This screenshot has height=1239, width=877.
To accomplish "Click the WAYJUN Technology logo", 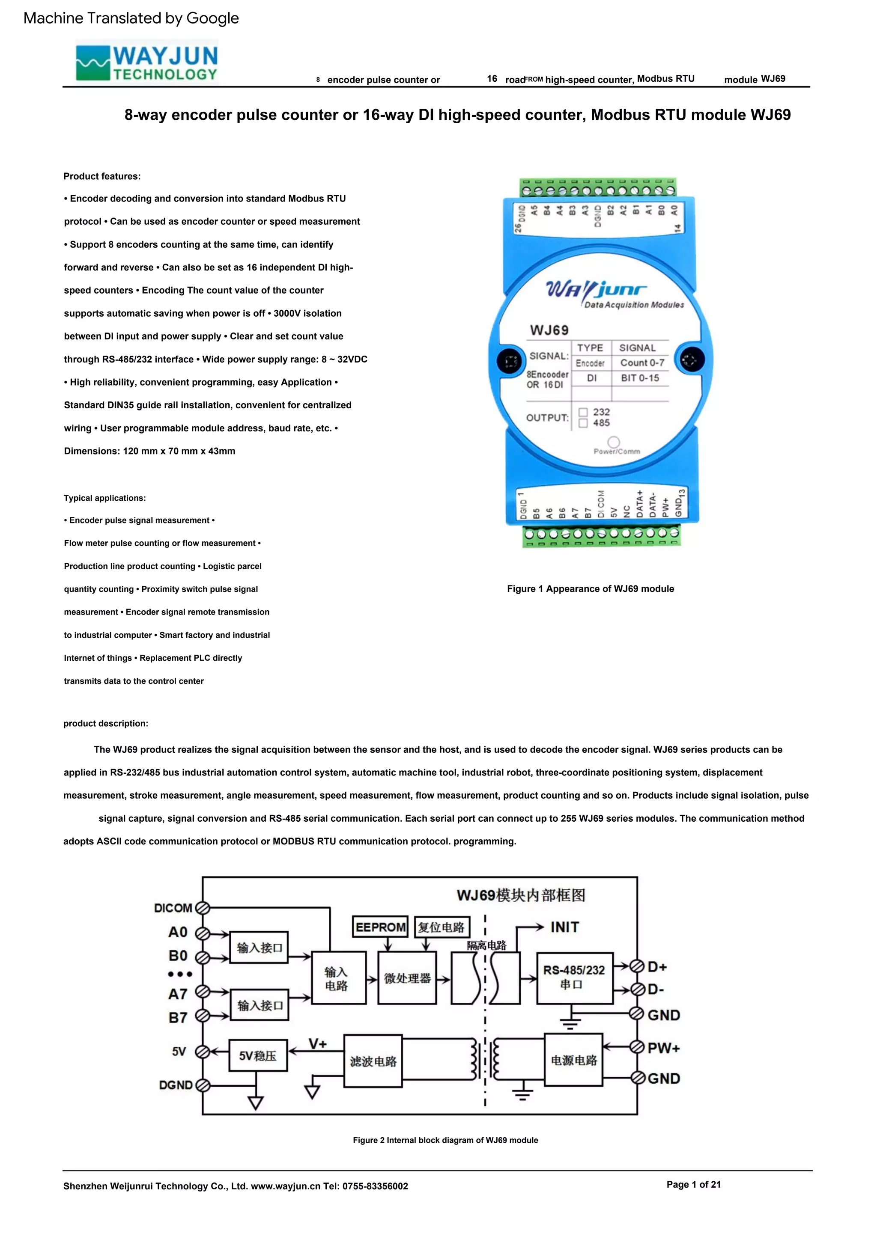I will tap(147, 62).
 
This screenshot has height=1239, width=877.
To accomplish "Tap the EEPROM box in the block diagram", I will tap(380, 927).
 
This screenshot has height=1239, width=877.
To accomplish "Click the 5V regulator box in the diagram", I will tap(258, 1055).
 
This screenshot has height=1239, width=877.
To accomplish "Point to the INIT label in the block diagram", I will tap(564, 927).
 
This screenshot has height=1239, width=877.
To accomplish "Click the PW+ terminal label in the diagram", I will tap(664, 1048).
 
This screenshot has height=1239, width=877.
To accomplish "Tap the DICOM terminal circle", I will tap(203, 908).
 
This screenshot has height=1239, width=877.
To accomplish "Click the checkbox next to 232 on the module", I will tap(583, 412).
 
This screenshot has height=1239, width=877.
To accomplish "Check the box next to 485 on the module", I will tap(583, 423).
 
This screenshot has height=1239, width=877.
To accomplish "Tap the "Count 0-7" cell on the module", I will tap(641, 362).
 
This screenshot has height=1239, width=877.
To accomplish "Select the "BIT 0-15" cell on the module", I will tap(640, 378).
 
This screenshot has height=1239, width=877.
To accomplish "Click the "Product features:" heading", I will tap(102, 176).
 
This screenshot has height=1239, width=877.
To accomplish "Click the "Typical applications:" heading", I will tap(105, 498).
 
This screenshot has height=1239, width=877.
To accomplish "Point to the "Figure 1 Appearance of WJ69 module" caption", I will tap(590, 589).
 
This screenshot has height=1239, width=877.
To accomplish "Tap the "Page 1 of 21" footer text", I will tap(693, 1184).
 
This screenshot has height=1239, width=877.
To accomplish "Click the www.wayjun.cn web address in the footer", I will tap(286, 1186).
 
